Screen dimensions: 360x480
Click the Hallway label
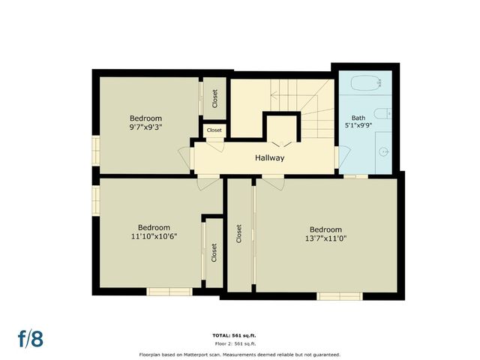click(x=269, y=158)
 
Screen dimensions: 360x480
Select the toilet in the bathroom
click(x=381, y=114)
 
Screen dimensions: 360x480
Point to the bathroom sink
click(x=383, y=151)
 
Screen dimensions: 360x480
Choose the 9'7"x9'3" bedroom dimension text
click(x=145, y=127)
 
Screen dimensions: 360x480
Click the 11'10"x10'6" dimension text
click(x=153, y=236)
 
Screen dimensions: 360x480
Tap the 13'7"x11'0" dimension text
click(x=325, y=238)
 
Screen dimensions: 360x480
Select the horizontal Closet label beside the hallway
click(x=214, y=130)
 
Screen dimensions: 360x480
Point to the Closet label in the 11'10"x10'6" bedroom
click(x=214, y=252)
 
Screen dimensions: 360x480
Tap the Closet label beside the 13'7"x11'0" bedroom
click(x=239, y=235)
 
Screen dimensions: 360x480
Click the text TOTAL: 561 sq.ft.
click(x=240, y=335)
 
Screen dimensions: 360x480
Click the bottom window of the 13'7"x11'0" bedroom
click(x=340, y=295)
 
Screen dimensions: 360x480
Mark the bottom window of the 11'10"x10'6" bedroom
click(x=169, y=292)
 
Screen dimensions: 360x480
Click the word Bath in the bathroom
click(x=358, y=118)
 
